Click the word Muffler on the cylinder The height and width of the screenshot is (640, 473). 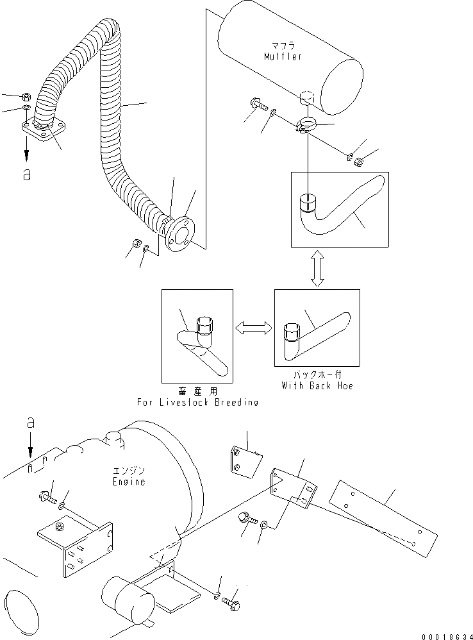point(283,56)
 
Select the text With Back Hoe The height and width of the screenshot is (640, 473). point(317,386)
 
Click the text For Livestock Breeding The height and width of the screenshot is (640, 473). point(197,402)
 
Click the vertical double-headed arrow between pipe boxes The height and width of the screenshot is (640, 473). point(317,268)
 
